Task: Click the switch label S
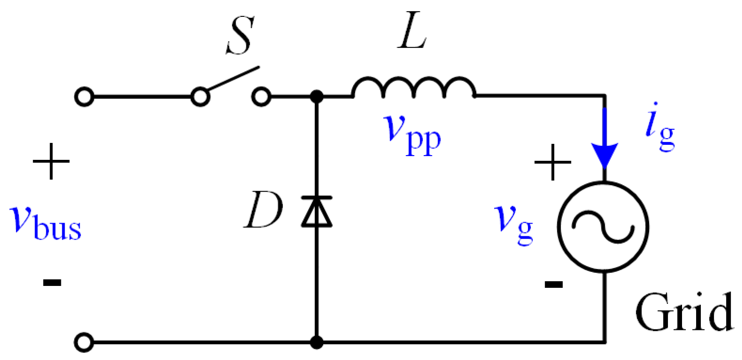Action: pyautogui.click(x=240, y=35)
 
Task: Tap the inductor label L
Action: pyautogui.click(x=412, y=35)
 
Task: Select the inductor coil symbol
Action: pyautogui.click(x=414, y=88)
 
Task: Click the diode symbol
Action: pyautogui.click(x=317, y=212)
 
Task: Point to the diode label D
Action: pyautogui.click(x=264, y=210)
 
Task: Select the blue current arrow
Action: pyautogui.click(x=604, y=141)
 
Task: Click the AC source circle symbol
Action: pyautogui.click(x=603, y=226)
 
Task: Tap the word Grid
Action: pyautogui.click(x=684, y=312)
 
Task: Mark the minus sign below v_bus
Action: pyautogui.click(x=52, y=282)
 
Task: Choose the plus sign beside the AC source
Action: pyautogui.click(x=553, y=162)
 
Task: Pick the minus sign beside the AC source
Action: pyautogui.click(x=554, y=284)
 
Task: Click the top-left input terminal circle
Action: pyautogui.click(x=84, y=97)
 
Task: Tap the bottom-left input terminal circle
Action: pyautogui.click(x=84, y=342)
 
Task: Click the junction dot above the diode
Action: pyautogui.click(x=317, y=97)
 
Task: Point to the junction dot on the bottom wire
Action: pyautogui.click(x=317, y=342)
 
